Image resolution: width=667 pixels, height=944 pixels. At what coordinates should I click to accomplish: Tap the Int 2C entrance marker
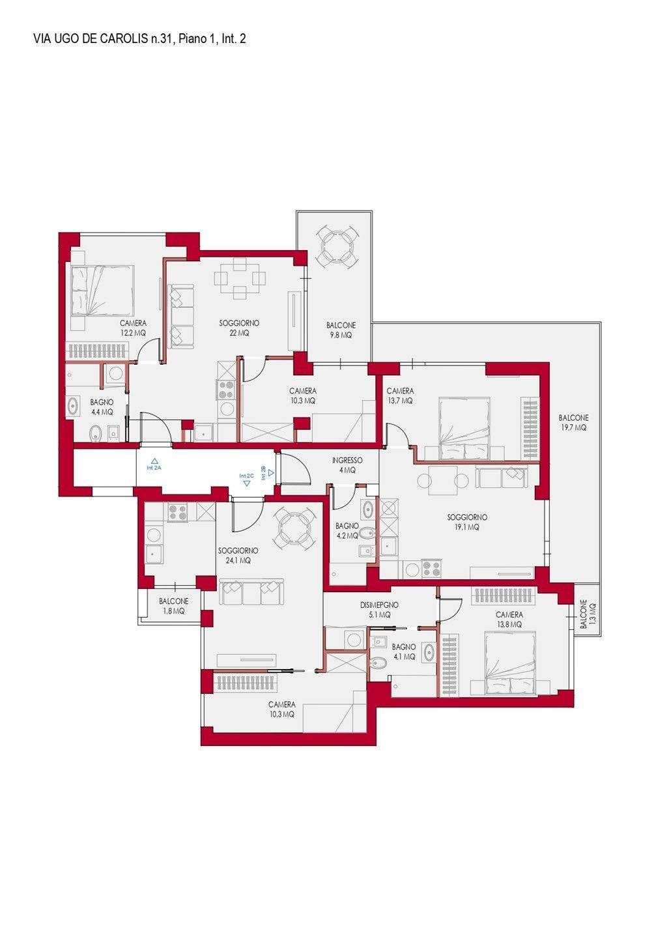coord(246,479)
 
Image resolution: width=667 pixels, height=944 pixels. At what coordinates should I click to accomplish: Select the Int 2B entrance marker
coord(268,473)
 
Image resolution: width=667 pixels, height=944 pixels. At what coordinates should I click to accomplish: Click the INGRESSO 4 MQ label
coord(347,465)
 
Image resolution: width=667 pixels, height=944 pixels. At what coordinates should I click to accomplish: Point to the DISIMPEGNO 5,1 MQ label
coord(379,610)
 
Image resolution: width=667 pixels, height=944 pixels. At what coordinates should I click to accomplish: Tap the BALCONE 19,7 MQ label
coord(573,423)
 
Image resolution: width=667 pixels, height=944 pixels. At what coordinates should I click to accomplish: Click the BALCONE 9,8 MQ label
coord(341,330)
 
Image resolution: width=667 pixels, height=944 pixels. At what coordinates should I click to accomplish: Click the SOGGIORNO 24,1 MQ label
coord(238,556)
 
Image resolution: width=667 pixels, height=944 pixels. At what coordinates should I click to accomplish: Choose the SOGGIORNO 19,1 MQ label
coord(467,522)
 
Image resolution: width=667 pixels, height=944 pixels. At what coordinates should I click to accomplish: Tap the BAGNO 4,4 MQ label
coord(102,407)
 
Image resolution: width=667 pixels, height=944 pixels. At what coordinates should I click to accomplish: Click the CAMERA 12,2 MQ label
coord(133,328)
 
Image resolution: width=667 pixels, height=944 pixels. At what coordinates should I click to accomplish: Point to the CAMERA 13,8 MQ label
coord(509,620)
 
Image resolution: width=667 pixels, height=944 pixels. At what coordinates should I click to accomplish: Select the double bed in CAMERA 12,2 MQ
coord(102,291)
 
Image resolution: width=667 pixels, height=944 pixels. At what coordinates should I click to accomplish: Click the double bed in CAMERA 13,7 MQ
coord(464,428)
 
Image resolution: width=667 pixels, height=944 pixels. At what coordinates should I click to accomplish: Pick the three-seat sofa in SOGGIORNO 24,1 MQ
coord(252,593)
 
